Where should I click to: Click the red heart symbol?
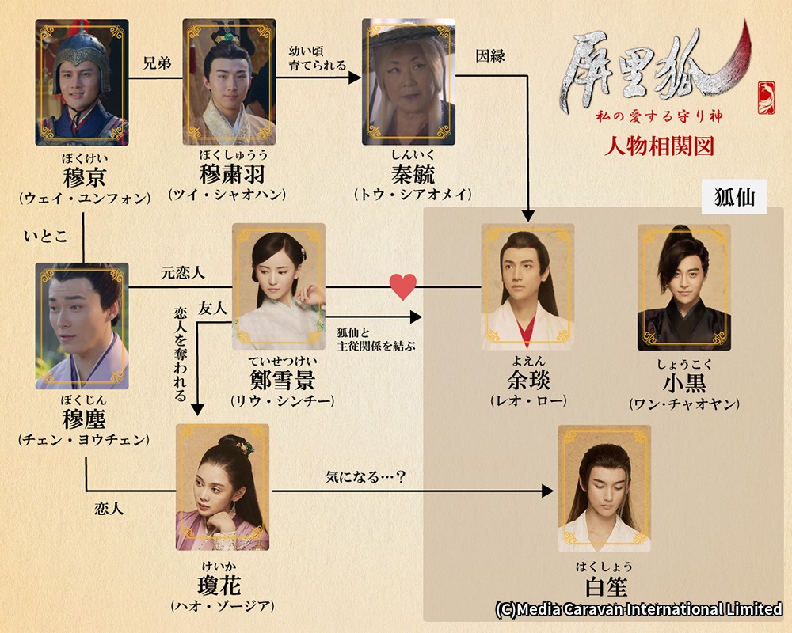[x=402, y=286]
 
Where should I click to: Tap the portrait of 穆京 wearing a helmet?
[x=82, y=82]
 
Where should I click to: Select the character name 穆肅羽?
[x=232, y=174]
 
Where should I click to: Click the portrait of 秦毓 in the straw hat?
[x=409, y=81]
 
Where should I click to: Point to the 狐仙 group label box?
[x=734, y=196]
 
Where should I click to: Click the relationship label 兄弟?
[x=157, y=63]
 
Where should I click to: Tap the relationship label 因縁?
[x=490, y=56]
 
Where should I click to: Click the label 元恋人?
[x=182, y=273]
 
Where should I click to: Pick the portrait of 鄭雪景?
[x=278, y=286]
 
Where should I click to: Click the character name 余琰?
[x=528, y=380]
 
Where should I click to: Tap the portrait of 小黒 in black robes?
[x=684, y=287]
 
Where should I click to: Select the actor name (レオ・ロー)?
[x=528, y=401]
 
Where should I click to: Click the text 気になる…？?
[x=366, y=476]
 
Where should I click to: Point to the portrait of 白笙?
[x=604, y=488]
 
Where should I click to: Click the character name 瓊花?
[x=219, y=586]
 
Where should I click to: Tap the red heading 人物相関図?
[x=660, y=146]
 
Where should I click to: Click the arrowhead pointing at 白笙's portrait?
[x=547, y=490]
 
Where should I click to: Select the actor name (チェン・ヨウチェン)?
[x=84, y=440]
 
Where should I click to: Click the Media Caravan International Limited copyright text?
[x=639, y=609]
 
